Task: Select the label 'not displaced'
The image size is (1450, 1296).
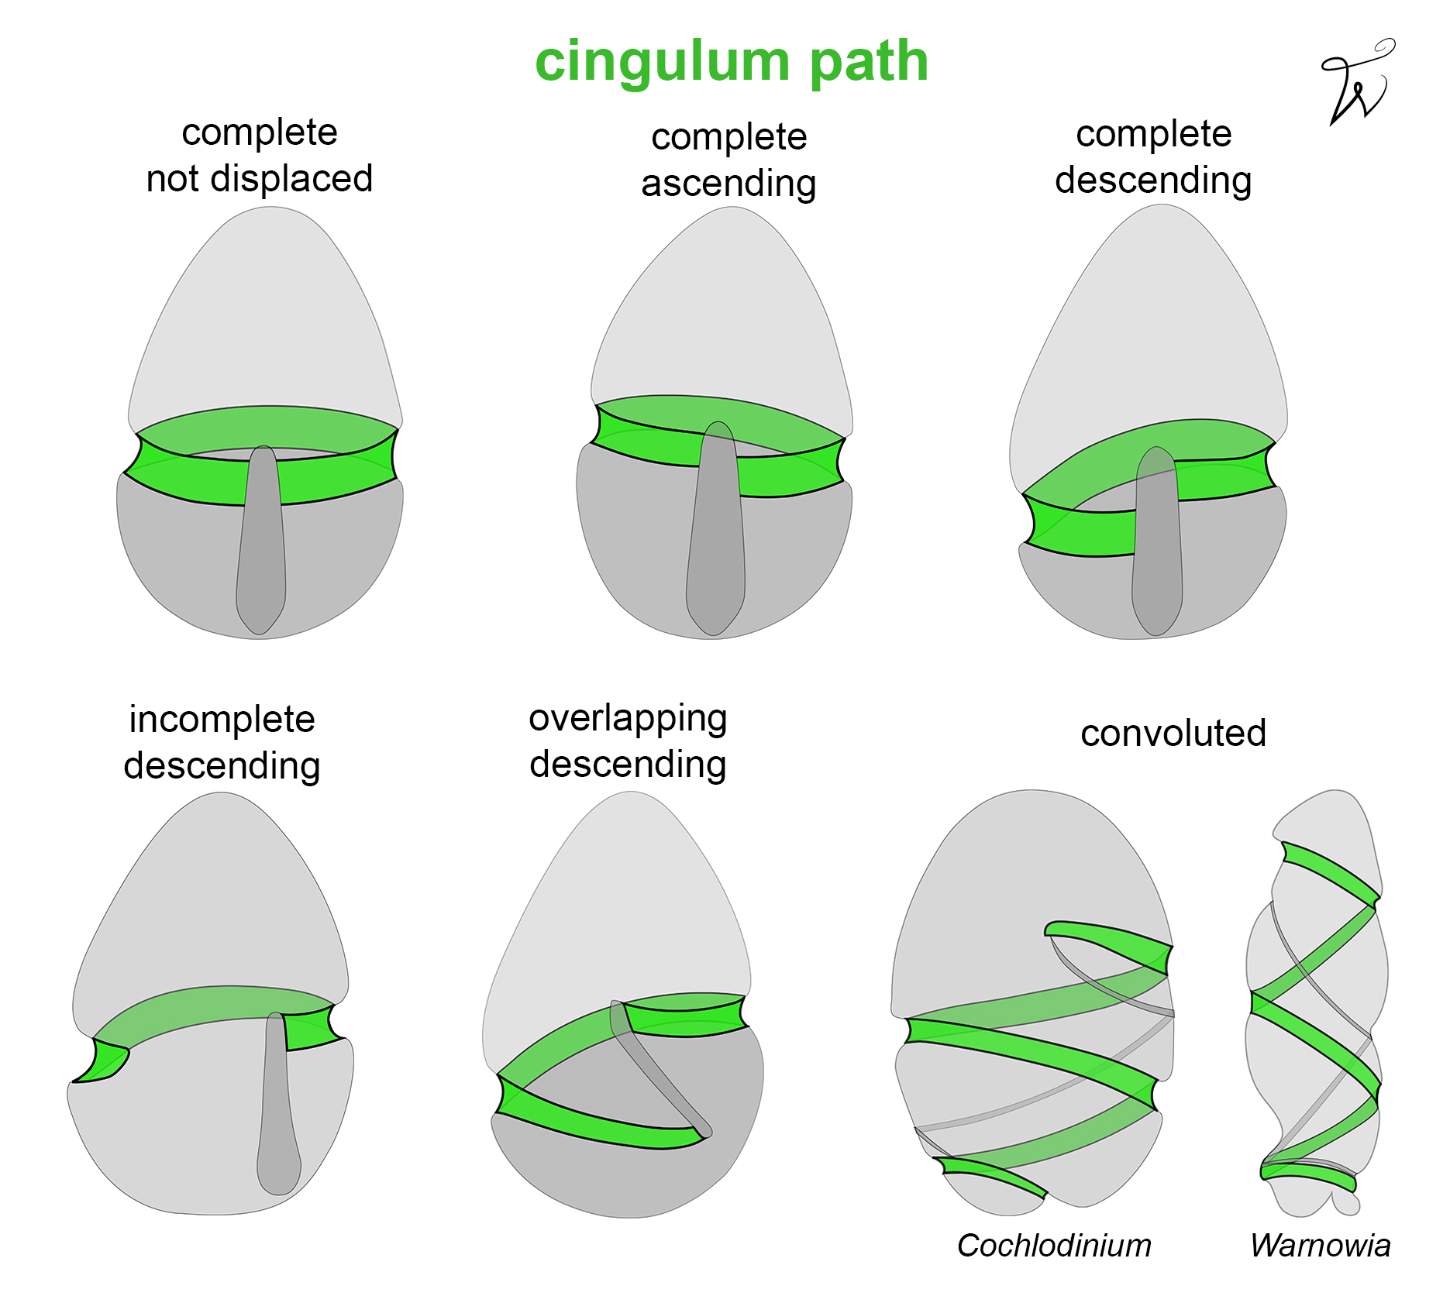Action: tap(259, 179)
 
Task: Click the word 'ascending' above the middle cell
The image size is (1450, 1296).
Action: tap(728, 184)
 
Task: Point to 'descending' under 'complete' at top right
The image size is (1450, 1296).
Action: tap(1153, 180)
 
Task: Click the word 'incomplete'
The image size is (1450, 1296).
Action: tap(222, 720)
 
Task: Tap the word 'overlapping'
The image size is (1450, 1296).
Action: tap(628, 718)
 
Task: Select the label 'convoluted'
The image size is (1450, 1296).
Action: tap(1173, 733)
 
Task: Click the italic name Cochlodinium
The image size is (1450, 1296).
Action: tap(1054, 1246)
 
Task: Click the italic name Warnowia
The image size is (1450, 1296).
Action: tap(1320, 1246)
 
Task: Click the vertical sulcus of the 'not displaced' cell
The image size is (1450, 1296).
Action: tap(262, 542)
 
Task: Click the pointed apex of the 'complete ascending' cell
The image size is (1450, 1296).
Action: tap(732, 212)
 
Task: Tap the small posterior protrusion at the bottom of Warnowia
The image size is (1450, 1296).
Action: tap(1347, 1203)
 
